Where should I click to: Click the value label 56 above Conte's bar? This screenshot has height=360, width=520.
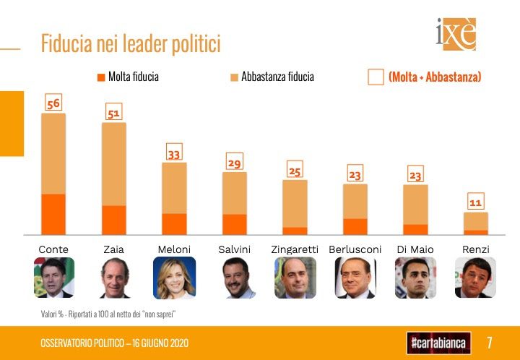click(53, 104)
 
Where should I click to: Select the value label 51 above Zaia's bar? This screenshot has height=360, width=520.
click(113, 113)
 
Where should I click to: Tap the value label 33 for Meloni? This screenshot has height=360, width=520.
click(174, 153)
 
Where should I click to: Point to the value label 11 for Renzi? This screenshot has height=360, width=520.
click(475, 203)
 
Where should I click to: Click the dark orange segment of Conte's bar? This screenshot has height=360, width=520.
click(53, 214)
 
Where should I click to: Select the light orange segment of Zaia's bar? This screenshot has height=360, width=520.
click(113, 164)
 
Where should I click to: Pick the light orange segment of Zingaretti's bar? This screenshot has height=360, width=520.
click(295, 203)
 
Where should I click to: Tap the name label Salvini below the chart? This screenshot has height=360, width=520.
click(234, 249)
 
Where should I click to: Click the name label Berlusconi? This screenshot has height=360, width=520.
click(355, 249)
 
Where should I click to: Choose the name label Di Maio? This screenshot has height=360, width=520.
click(415, 249)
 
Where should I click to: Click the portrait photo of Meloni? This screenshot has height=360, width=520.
click(174, 278)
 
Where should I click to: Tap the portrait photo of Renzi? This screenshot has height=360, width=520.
click(475, 278)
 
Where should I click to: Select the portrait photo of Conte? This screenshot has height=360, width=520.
click(53, 278)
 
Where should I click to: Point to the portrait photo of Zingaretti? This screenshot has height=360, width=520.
click(295, 278)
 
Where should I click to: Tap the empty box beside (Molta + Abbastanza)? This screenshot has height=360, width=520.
click(376, 77)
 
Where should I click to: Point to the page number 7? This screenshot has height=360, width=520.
click(490, 341)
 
